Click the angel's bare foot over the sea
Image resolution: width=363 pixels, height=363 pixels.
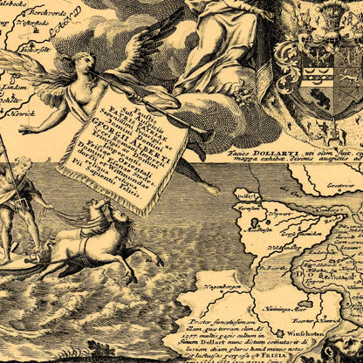(213, 188)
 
